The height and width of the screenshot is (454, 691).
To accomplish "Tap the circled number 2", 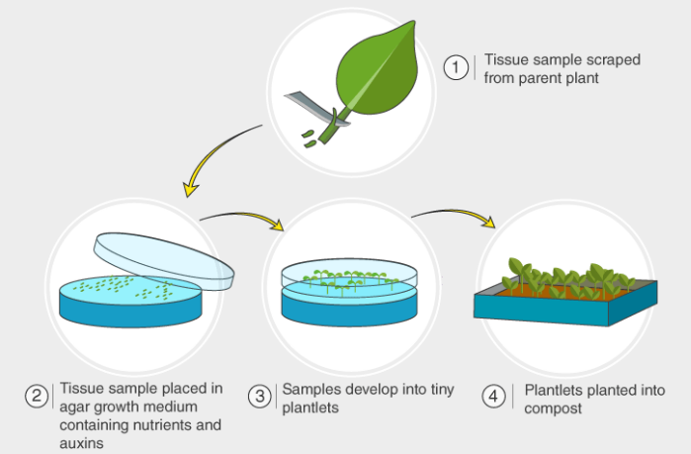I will click(37, 398).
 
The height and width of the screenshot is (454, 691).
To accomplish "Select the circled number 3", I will click(259, 398).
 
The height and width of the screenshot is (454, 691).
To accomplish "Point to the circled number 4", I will click(492, 398).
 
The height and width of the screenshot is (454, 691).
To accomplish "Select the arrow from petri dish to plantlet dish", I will click(242, 213).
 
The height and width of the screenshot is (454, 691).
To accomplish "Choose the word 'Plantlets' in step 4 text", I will click(553, 390).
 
